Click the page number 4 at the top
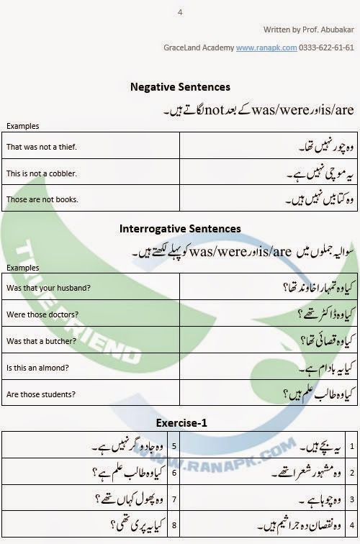180,12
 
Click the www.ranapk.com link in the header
266,47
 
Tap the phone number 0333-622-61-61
327,47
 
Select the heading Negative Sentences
180,87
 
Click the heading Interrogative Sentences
180,229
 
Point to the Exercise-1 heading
180,423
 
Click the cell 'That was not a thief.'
42,148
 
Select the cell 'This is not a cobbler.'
41,173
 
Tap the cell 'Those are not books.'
42,199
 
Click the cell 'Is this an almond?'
40,367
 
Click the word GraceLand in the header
183,47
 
